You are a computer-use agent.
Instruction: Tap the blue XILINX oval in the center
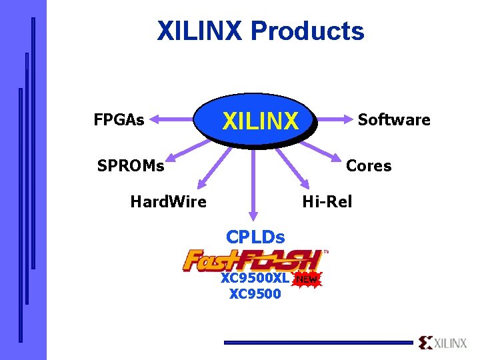pos(260,121)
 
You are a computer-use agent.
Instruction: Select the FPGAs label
pos(119,120)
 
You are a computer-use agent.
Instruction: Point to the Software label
pos(394,120)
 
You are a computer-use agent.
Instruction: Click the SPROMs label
pos(131,165)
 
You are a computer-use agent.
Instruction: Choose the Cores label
pos(369,165)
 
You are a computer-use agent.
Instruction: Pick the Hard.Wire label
pos(168,201)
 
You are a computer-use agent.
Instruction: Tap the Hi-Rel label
pos(327,201)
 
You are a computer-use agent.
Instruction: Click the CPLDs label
pos(255,237)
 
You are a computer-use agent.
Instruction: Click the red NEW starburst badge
pos(307,279)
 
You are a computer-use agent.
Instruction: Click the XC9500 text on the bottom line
pos(255,293)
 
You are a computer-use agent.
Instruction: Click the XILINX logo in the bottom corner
pos(443,343)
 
